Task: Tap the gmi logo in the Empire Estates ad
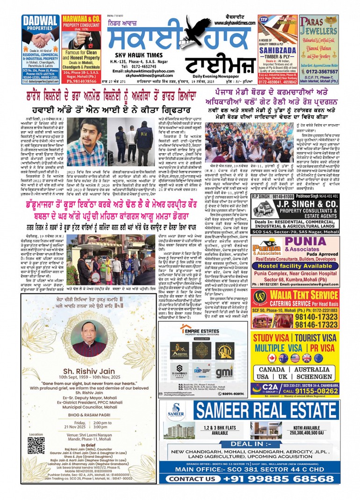224,372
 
